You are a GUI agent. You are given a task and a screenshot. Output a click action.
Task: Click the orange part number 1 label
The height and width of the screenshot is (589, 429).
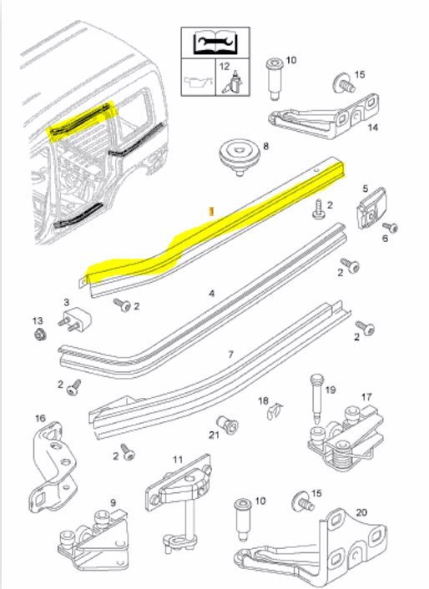[211, 211]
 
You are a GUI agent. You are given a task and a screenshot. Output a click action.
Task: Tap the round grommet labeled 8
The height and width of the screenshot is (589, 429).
[238, 156]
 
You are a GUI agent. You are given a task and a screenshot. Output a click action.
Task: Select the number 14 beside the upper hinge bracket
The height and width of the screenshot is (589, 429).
[372, 128]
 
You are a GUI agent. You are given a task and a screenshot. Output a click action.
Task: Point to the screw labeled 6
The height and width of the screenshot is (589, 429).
[390, 227]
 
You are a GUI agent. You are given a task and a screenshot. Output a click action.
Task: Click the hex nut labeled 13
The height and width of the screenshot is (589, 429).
[40, 333]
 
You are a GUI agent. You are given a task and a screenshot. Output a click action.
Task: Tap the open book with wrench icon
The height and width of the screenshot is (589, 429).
[214, 43]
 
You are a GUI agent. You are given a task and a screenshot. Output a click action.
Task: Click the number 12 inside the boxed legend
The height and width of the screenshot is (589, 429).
[225, 67]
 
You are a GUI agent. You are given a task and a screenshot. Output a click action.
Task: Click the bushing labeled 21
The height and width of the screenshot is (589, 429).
[227, 425]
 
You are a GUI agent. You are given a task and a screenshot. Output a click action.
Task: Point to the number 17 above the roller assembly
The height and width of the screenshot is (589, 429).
[366, 396]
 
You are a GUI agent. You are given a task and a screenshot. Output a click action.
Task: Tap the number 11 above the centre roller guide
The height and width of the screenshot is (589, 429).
[178, 460]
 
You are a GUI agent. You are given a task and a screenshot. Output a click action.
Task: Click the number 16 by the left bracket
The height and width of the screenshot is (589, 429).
[40, 418]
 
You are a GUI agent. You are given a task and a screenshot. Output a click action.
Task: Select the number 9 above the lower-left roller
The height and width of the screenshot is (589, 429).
[113, 502]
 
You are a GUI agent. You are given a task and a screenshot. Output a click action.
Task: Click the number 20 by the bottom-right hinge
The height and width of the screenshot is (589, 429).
[361, 512]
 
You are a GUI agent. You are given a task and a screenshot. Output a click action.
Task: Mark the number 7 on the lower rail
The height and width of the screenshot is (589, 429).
[230, 354]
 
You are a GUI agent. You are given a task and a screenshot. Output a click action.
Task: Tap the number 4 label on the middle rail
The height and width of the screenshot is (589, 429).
[211, 293]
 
